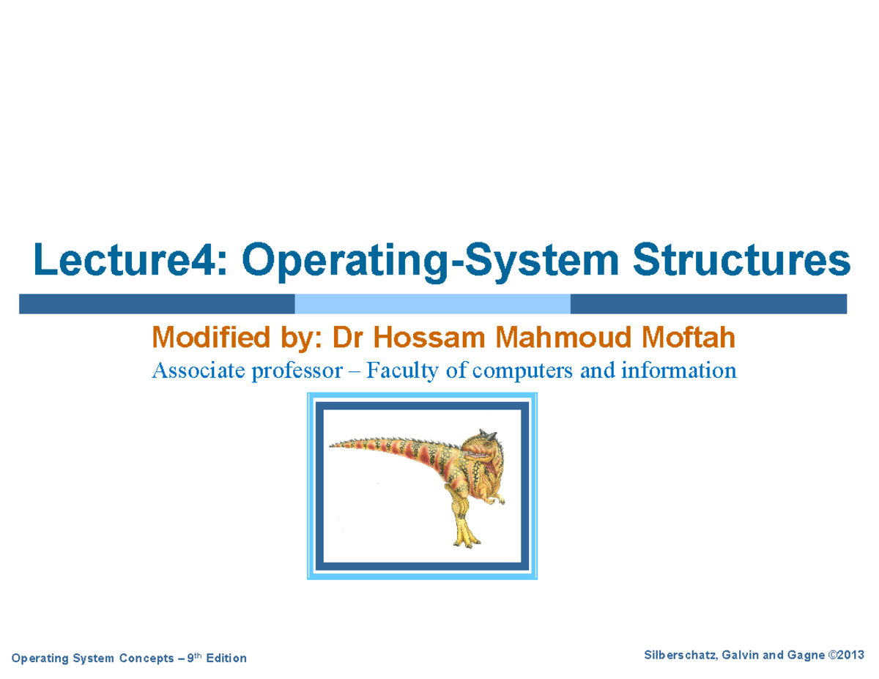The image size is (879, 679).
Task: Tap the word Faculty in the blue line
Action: pos(401,371)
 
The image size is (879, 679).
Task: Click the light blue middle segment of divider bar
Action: pos(432,304)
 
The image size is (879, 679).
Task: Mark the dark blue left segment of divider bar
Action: pos(157,304)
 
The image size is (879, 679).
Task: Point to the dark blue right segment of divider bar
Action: pos(708,304)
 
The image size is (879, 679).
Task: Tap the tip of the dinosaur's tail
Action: pos(332,445)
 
